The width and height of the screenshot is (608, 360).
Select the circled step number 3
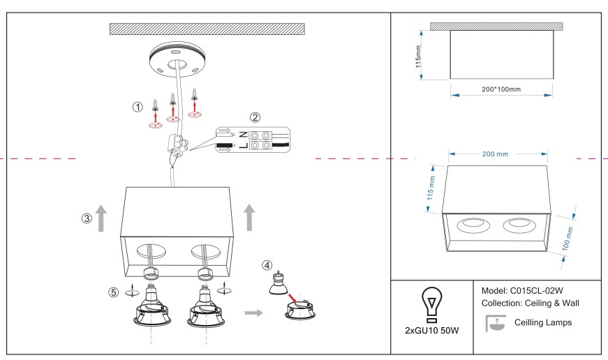pos(86,218)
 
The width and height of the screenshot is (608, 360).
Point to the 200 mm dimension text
pos(497,153)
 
